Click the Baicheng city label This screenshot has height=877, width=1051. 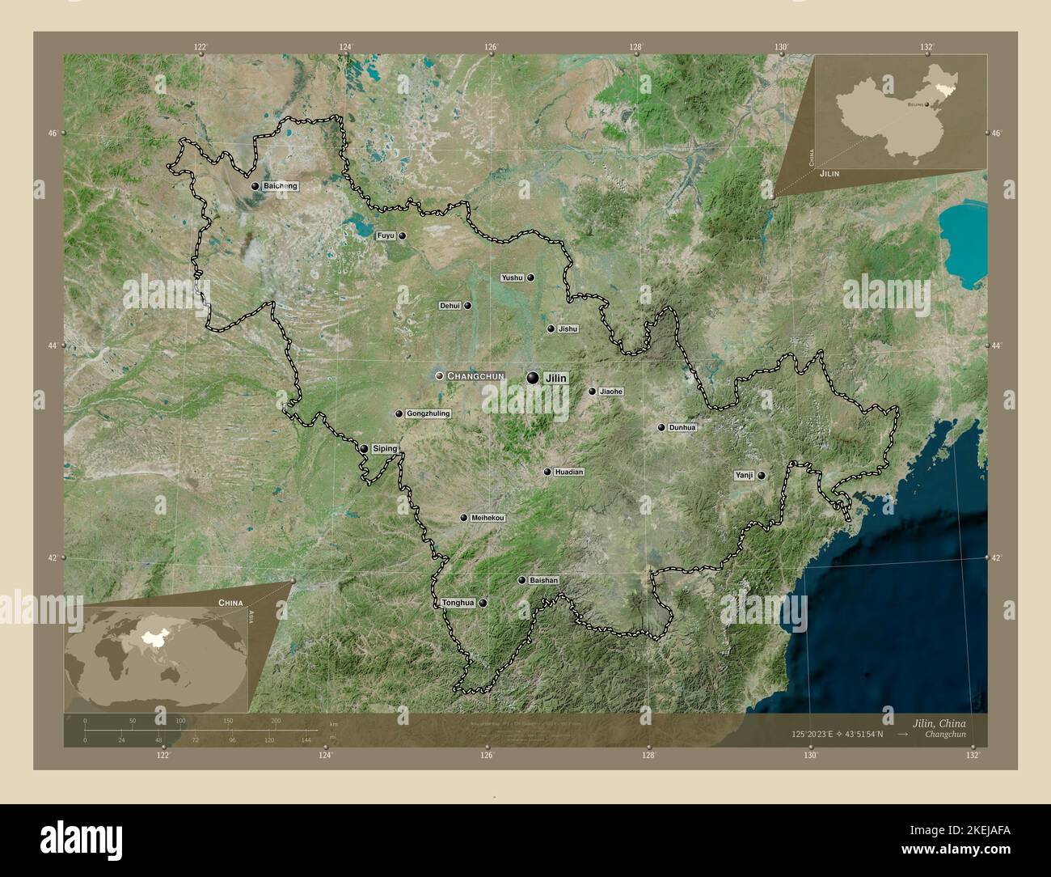click(x=280, y=186)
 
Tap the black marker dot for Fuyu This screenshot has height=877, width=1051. click(x=402, y=236)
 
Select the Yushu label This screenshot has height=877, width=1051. click(x=513, y=278)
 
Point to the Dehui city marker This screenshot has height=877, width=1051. click(x=467, y=306)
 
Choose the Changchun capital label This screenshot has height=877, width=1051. click(x=475, y=376)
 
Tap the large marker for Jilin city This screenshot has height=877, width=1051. click(x=532, y=377)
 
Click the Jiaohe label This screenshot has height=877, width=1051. click(x=611, y=392)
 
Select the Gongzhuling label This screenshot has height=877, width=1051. click(x=428, y=414)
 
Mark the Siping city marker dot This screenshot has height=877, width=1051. click(x=364, y=449)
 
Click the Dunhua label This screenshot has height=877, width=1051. click(x=682, y=427)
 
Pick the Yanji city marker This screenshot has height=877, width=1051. click(x=762, y=476)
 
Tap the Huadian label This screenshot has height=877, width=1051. click(x=569, y=472)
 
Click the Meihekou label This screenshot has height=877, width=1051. click(x=488, y=518)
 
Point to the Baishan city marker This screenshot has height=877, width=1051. click(x=521, y=580)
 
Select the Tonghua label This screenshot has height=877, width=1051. click(x=458, y=604)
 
